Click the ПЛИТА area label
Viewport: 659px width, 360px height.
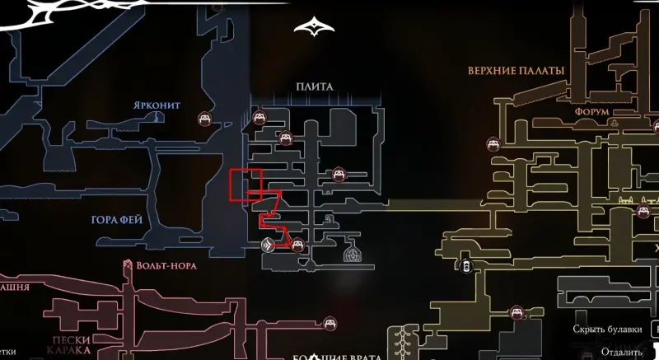coord(316,86)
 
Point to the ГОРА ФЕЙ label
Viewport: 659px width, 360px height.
coord(118,220)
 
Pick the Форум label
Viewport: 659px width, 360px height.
coord(591,111)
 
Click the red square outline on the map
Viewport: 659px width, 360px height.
coord(246,184)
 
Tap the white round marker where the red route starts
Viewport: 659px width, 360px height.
coord(268,244)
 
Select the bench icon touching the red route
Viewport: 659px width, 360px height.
coord(298,244)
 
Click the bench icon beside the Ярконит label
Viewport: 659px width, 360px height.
coord(203,119)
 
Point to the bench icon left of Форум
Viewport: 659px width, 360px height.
coord(494,145)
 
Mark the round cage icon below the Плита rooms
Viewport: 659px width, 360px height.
coord(353,254)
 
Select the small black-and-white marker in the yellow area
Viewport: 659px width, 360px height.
coord(467,265)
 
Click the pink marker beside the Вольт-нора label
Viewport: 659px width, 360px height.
coord(128,265)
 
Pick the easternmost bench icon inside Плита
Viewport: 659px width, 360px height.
coord(338,174)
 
